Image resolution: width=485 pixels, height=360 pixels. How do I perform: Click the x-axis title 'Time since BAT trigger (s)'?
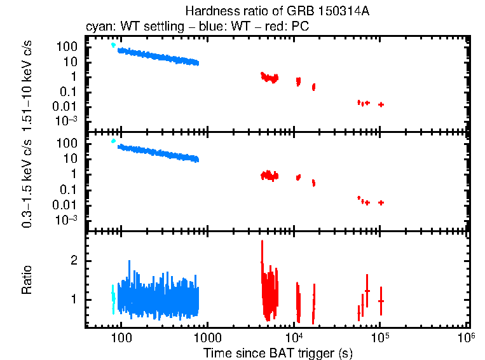[278, 352]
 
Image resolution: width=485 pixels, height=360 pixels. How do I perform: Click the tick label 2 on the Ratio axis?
[74, 261]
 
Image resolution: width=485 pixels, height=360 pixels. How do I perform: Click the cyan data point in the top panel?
[113, 45]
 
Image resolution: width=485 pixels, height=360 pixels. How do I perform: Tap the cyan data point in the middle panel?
[113, 141]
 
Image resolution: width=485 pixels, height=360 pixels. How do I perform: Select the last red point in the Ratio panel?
[381, 300]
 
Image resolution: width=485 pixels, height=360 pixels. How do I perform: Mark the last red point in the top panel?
[381, 104]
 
